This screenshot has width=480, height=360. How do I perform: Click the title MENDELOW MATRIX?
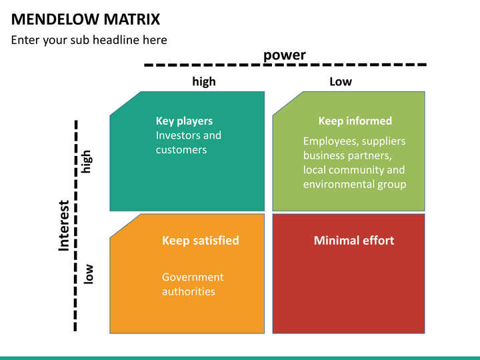point(85,19)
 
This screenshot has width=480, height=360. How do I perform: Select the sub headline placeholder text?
point(89,40)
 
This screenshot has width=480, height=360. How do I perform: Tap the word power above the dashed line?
point(285,55)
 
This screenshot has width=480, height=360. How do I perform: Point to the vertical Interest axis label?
point(64,225)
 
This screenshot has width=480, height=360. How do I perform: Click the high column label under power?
point(204,81)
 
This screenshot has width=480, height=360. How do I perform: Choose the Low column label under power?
point(341,82)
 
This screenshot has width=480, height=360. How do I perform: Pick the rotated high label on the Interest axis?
point(86,161)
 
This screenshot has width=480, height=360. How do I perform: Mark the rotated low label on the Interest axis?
point(88,274)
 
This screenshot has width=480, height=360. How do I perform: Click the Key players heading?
point(184,121)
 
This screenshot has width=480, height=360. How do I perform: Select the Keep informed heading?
point(355,121)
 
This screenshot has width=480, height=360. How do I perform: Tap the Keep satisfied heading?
point(201,241)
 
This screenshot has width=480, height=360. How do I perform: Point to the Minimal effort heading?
point(354,241)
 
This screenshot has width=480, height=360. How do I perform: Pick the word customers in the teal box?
point(181,150)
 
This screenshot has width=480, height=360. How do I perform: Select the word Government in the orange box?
point(193,277)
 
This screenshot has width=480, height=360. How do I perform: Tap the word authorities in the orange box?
point(189,291)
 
